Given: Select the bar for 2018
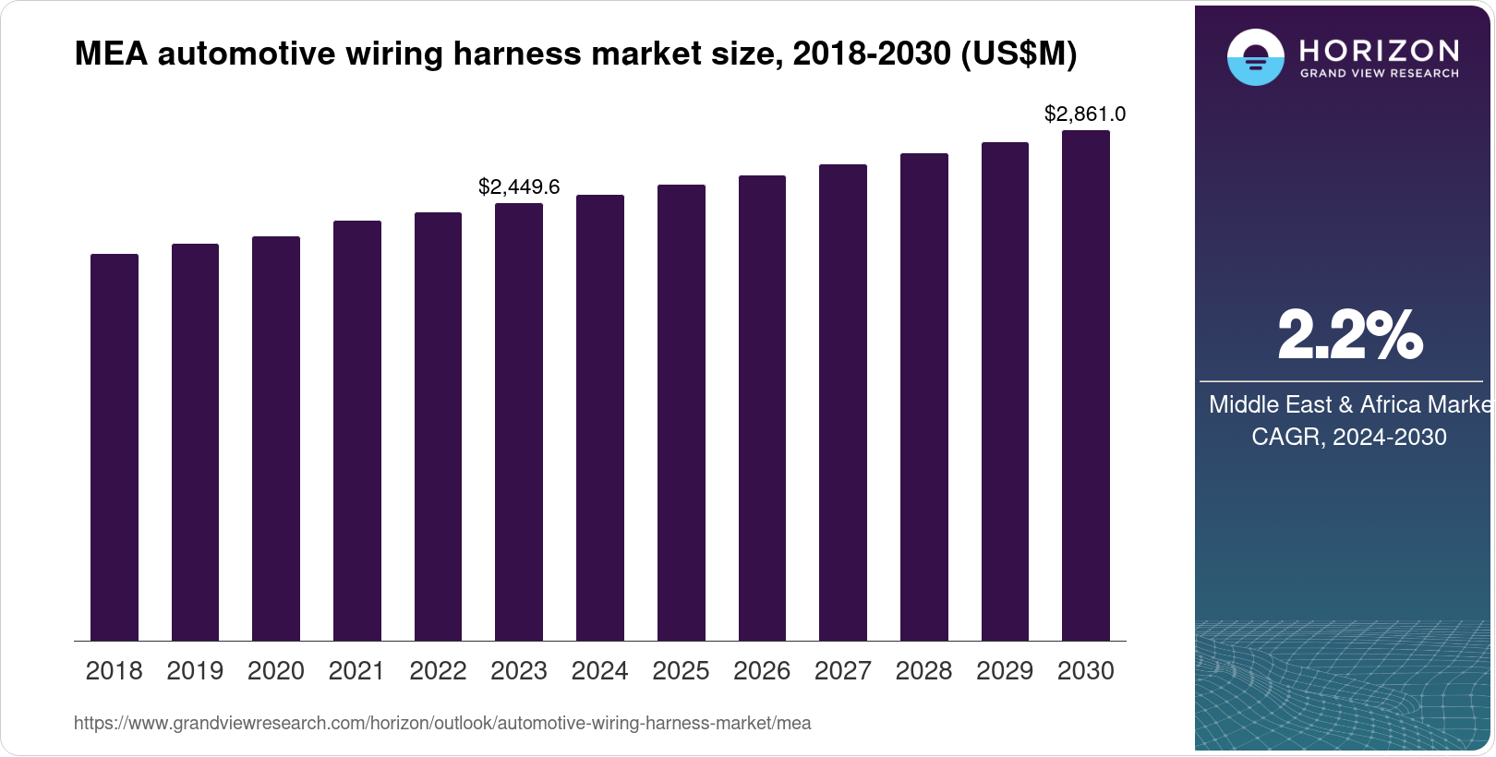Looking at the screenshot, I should pos(115,448).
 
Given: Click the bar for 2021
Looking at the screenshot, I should pos(357,431).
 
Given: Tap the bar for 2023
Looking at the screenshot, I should pos(519,422).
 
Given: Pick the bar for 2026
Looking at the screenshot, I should pos(762,408).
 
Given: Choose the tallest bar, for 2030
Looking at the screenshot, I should pos(1086,386).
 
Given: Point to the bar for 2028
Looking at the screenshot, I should pos(924,397).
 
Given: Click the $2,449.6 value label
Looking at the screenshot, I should pos(519,187).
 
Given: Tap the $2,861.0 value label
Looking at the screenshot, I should pos(1085,114).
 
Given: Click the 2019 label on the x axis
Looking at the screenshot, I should pos(195,671).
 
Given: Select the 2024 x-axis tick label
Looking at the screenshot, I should pos(600,671).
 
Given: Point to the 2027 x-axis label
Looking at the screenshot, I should pos(843,671).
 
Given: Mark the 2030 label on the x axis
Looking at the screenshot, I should pos(1086,671).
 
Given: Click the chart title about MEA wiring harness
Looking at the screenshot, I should pos(575,54).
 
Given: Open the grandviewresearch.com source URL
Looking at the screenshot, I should pos(442,724).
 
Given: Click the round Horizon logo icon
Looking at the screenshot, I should pos(1255,58).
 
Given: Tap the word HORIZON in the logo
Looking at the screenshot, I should pos(1380,50).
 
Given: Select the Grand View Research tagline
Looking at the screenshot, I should pos(1380,74).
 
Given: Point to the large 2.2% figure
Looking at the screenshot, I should pos(1349,335).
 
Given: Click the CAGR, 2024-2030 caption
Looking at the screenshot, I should pos(1349,437).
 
